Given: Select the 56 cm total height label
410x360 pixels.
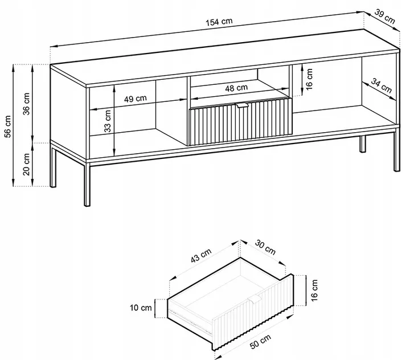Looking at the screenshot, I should [8, 127].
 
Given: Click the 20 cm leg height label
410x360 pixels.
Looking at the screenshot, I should [27, 164].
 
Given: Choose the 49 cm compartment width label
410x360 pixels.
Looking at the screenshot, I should [136, 98].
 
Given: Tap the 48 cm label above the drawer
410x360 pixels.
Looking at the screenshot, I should [236, 88].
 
